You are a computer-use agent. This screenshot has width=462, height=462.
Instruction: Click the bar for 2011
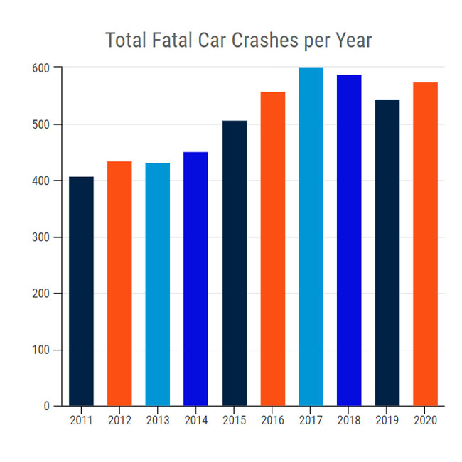(81, 291)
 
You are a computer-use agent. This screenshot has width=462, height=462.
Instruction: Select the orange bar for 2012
(119, 284)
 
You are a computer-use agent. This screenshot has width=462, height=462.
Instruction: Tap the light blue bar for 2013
(158, 284)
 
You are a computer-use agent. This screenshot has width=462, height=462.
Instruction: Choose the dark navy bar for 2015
(234, 263)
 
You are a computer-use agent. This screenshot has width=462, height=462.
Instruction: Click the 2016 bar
(273, 249)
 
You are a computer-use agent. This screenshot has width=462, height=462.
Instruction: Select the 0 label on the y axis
(48, 407)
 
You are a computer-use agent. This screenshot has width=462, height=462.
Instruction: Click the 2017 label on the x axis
(311, 420)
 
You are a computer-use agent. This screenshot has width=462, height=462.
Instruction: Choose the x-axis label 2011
(81, 420)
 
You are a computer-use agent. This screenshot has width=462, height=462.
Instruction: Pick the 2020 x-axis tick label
(426, 420)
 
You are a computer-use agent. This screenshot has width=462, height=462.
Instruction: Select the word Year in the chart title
(352, 41)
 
